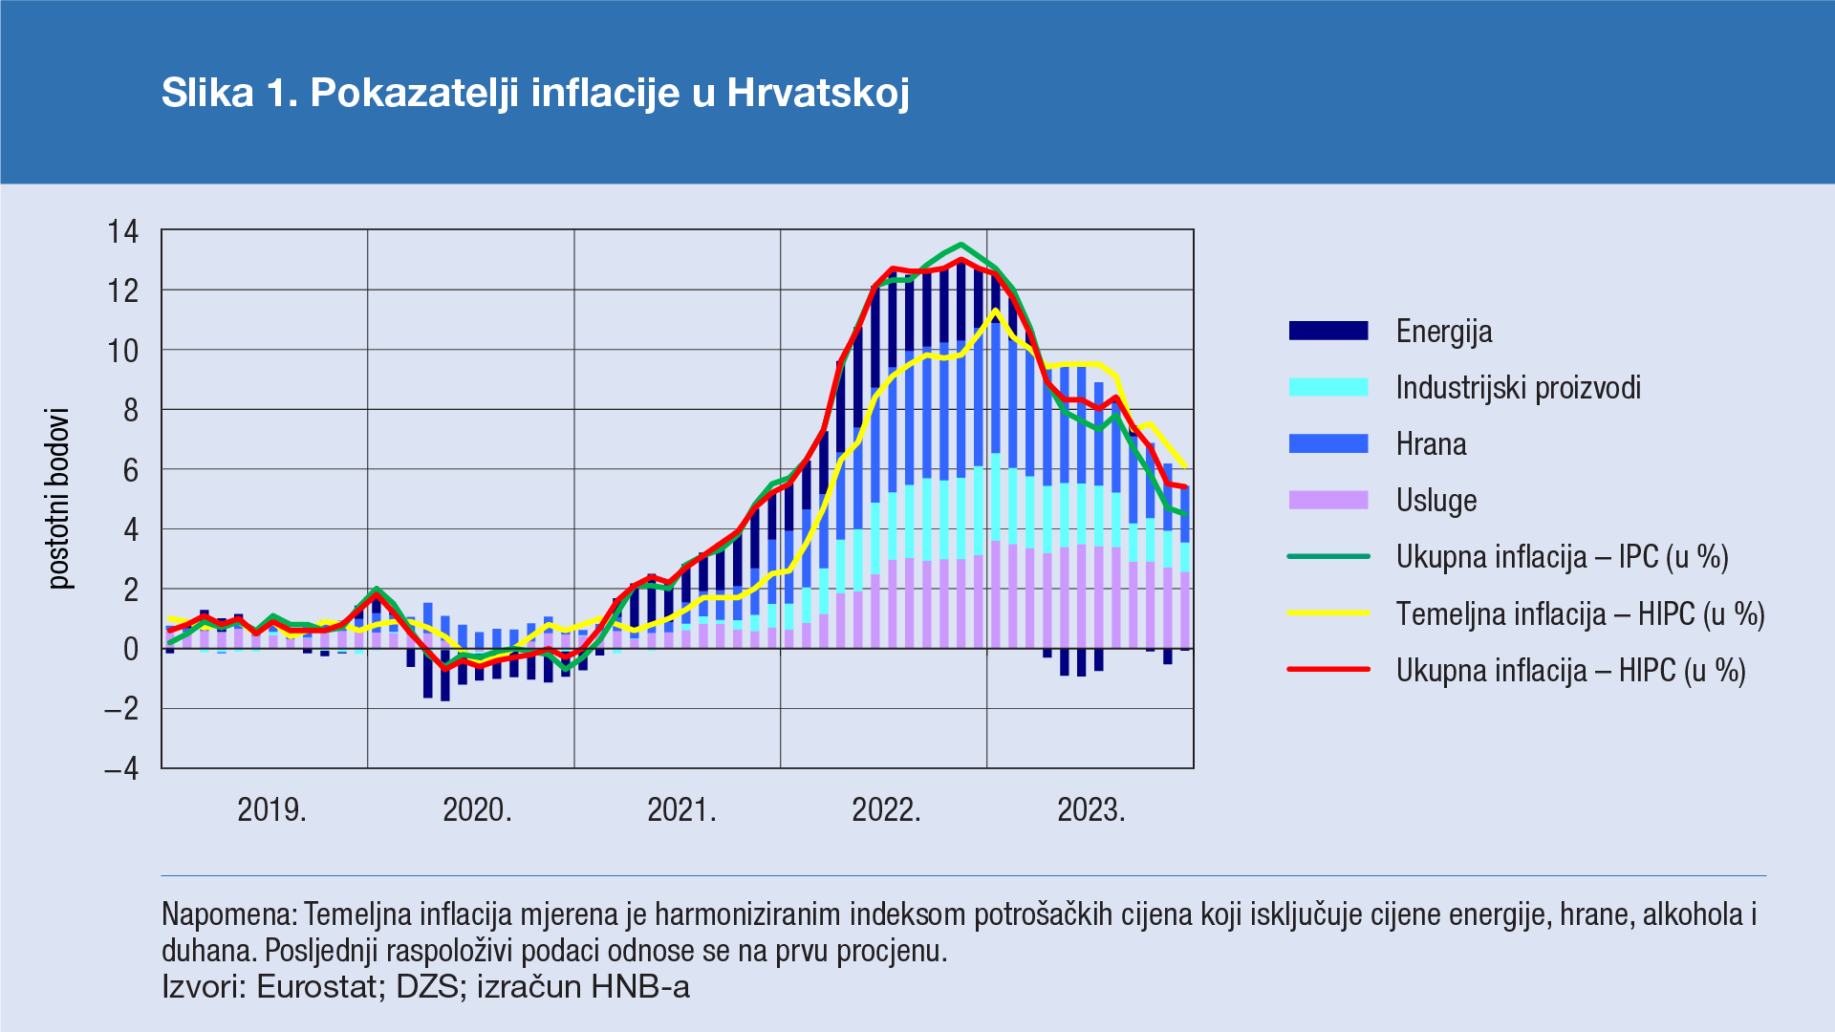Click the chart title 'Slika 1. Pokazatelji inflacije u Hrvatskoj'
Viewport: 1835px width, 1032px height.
[x=535, y=93]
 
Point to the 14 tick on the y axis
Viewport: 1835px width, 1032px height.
[x=123, y=231]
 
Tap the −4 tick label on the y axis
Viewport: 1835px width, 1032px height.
[x=121, y=769]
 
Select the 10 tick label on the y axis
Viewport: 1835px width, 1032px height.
[x=123, y=351]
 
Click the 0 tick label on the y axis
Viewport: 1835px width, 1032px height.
[x=131, y=650]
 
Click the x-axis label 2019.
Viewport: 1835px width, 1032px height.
[x=271, y=810]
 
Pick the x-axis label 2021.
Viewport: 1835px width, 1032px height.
[x=681, y=810]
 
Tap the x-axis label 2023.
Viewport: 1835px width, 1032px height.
[x=1091, y=810]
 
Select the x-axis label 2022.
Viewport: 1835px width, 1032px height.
[x=886, y=810]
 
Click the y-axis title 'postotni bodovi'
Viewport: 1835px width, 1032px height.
[x=59, y=499]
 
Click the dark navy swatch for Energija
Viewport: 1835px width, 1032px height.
[x=1328, y=331]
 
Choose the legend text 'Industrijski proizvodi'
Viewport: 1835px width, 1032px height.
[x=1518, y=388]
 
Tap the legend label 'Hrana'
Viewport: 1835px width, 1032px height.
[x=1431, y=444]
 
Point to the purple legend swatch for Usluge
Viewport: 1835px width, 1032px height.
[x=1328, y=500]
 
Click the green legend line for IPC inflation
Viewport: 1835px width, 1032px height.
[x=1328, y=556]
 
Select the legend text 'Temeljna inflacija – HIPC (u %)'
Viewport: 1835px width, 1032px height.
[x=1580, y=613]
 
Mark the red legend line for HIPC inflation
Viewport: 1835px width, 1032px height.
[x=1328, y=670]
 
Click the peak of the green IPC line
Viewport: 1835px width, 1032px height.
[x=961, y=245]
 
